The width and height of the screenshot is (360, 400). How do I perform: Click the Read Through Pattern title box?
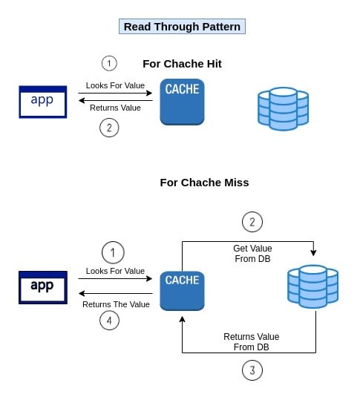click(182, 26)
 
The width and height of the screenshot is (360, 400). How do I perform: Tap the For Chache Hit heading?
click(182, 64)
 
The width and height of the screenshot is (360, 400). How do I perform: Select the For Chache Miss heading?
click(204, 183)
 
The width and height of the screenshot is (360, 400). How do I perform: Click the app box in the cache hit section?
click(43, 102)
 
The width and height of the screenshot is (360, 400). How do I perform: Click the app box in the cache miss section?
click(43, 287)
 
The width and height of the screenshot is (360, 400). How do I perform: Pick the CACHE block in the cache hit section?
click(182, 102)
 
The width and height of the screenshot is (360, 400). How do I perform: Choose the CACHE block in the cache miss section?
click(182, 291)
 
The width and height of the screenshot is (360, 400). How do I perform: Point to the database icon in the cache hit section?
click(284, 109)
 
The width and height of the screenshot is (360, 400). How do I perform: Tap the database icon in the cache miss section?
click(313, 286)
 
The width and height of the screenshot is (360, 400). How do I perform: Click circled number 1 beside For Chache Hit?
click(109, 63)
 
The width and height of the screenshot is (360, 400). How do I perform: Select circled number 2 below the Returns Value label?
click(109, 128)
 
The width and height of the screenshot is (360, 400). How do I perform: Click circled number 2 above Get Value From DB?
click(252, 222)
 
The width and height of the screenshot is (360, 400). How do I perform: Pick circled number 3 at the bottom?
click(252, 370)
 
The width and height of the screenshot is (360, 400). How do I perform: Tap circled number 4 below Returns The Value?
click(109, 321)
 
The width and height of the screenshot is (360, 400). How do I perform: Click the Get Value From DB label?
click(252, 254)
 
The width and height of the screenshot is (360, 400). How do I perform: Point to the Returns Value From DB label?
click(252, 342)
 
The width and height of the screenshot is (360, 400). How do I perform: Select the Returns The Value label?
click(116, 304)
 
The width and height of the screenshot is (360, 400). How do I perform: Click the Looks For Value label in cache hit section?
click(115, 85)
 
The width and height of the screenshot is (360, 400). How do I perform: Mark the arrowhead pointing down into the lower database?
click(313, 253)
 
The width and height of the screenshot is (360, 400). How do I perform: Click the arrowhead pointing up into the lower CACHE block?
click(182, 319)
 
